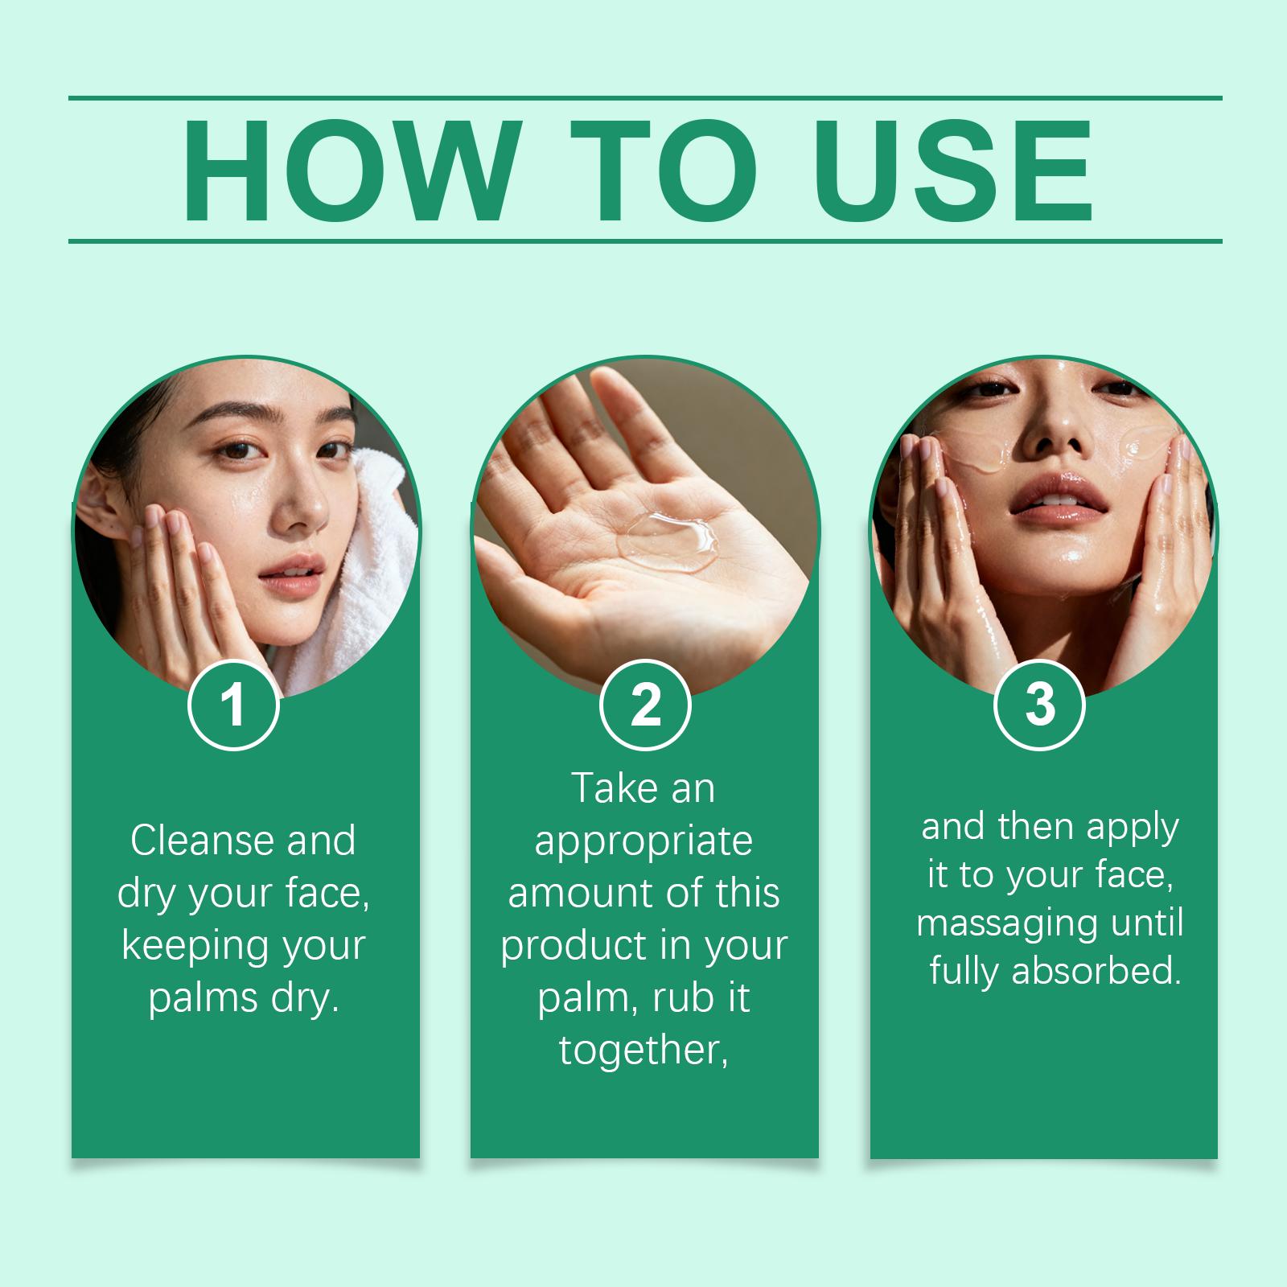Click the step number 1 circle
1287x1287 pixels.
coord(233,705)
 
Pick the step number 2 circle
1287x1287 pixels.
coord(645,705)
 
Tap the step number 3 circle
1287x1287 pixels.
coord(1040,705)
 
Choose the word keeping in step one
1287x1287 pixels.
coord(187,948)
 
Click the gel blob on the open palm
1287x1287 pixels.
coord(664,541)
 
